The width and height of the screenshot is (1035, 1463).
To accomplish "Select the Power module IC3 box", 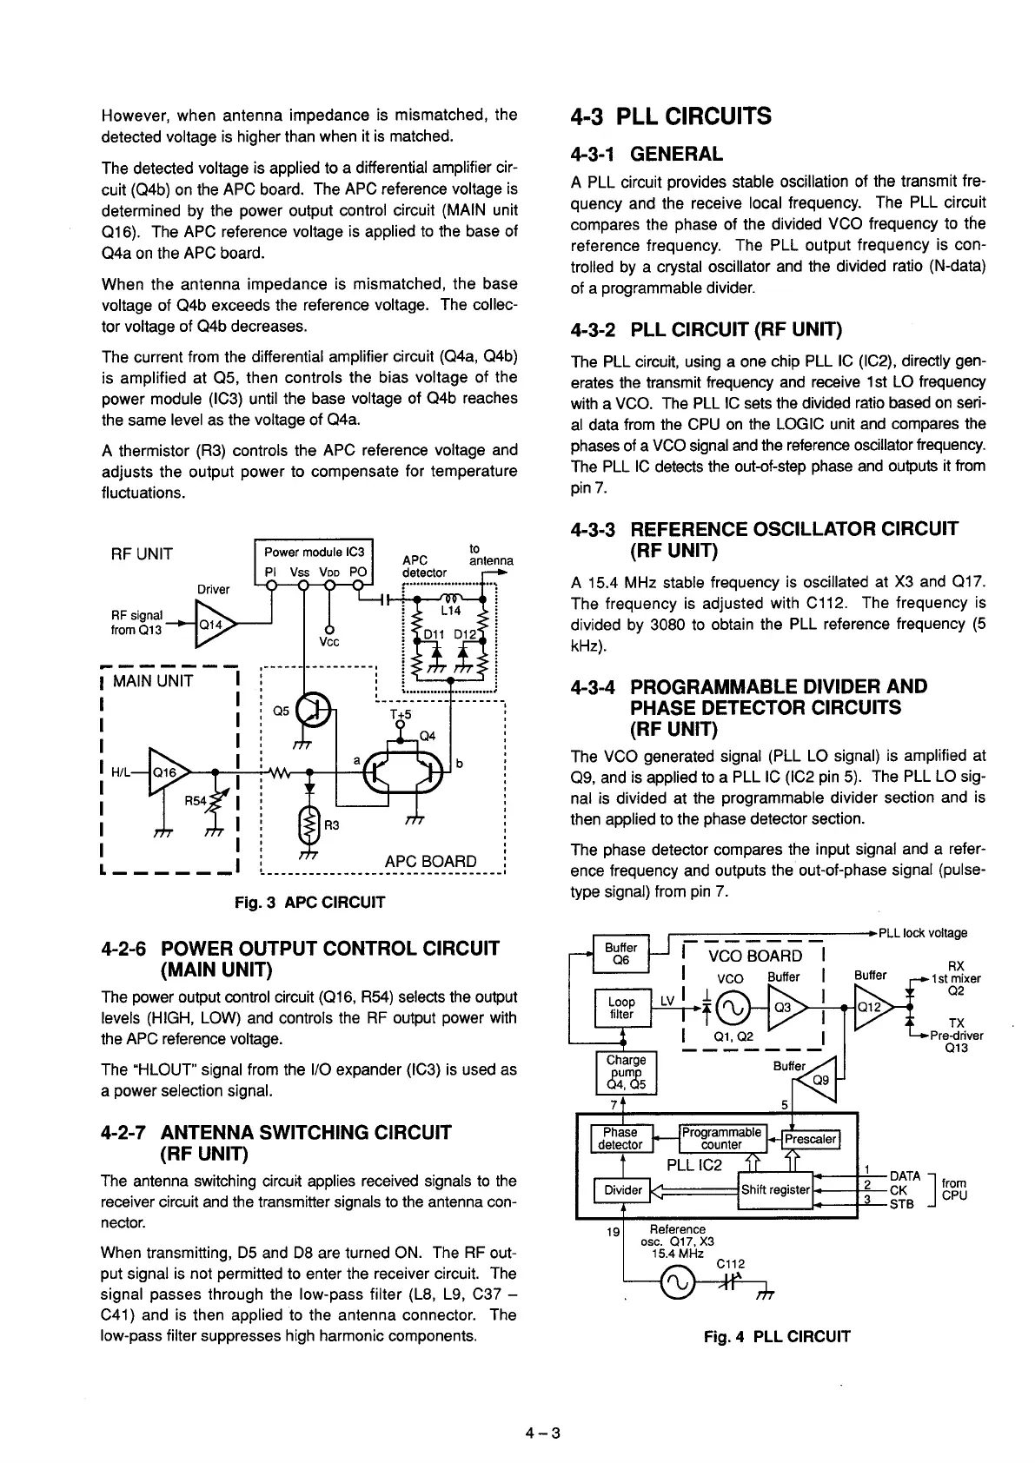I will click(x=318, y=561).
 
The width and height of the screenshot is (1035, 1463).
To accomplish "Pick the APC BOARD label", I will click(x=430, y=861).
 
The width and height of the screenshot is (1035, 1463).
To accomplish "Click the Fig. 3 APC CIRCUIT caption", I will click(x=309, y=903).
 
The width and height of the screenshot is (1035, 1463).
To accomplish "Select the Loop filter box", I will click(x=622, y=1008).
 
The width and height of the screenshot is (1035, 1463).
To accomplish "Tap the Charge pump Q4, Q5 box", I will click(x=626, y=1073).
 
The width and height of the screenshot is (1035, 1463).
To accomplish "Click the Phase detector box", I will click(x=620, y=1138).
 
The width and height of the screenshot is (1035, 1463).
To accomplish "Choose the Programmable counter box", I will click(x=722, y=1138).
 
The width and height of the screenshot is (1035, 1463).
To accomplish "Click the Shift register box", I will click(x=775, y=1189).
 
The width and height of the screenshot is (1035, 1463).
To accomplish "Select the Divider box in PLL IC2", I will click(x=622, y=1189).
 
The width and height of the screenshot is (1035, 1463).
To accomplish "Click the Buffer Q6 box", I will click(x=620, y=954).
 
